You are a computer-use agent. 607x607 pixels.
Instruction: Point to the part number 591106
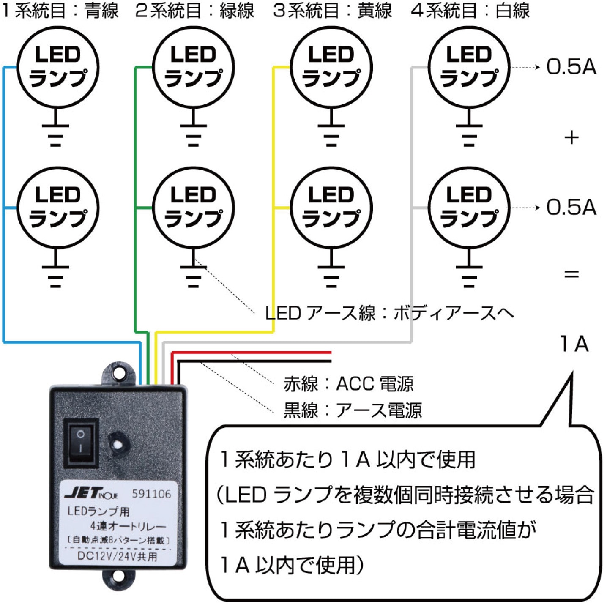coord(151,494)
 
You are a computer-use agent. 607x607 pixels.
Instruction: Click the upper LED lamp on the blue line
coord(57,67)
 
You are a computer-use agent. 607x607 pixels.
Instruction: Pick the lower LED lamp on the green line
coord(193,208)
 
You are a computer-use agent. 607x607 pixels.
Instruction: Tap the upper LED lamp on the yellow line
coord(331,67)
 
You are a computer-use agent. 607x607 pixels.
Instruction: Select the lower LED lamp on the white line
coord(469,208)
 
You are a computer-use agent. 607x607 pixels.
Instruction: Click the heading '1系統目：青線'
coord(60,11)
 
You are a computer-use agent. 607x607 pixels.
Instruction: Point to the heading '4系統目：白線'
coord(470,11)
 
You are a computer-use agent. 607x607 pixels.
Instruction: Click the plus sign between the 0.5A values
coord(571,137)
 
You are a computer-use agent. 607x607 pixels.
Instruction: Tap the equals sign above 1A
coord(571,274)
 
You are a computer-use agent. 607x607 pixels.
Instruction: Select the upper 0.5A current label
coord(571,67)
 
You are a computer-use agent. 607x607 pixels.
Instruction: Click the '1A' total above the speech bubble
coord(574,344)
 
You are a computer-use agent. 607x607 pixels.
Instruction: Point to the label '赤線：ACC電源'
coord(348,384)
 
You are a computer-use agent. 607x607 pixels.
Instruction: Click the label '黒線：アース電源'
coord(353,410)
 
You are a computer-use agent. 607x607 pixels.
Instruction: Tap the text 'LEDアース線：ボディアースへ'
coord(389,313)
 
